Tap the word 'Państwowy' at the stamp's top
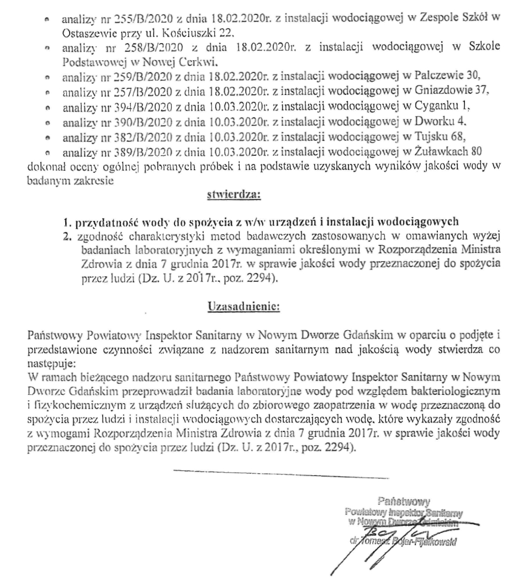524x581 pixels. coord(404,501)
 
